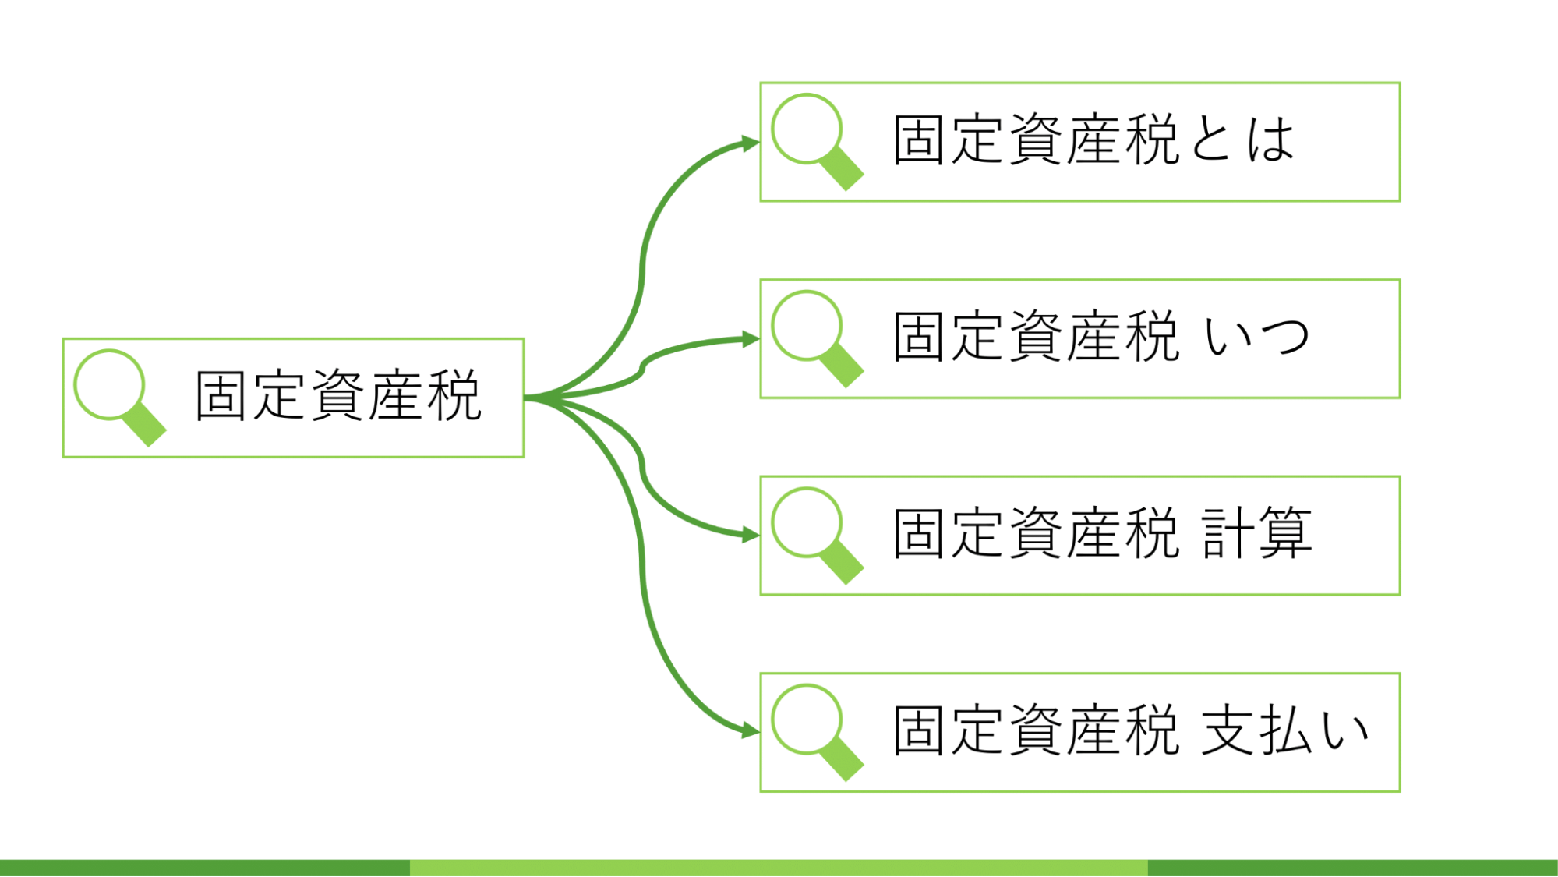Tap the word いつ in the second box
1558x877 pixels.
[1256, 338]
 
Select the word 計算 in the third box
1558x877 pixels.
[1256, 534]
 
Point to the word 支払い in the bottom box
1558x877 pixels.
[1284, 730]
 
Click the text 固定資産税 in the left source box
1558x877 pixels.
[338, 396]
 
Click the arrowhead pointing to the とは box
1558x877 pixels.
[750, 143]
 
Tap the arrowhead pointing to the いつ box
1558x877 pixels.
[750, 339]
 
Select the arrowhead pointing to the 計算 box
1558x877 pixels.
[750, 535]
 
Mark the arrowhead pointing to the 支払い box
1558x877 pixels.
[750, 730]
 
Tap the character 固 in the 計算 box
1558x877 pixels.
[920, 534]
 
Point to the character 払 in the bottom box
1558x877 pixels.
[1285, 730]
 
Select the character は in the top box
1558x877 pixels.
[1270, 140]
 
